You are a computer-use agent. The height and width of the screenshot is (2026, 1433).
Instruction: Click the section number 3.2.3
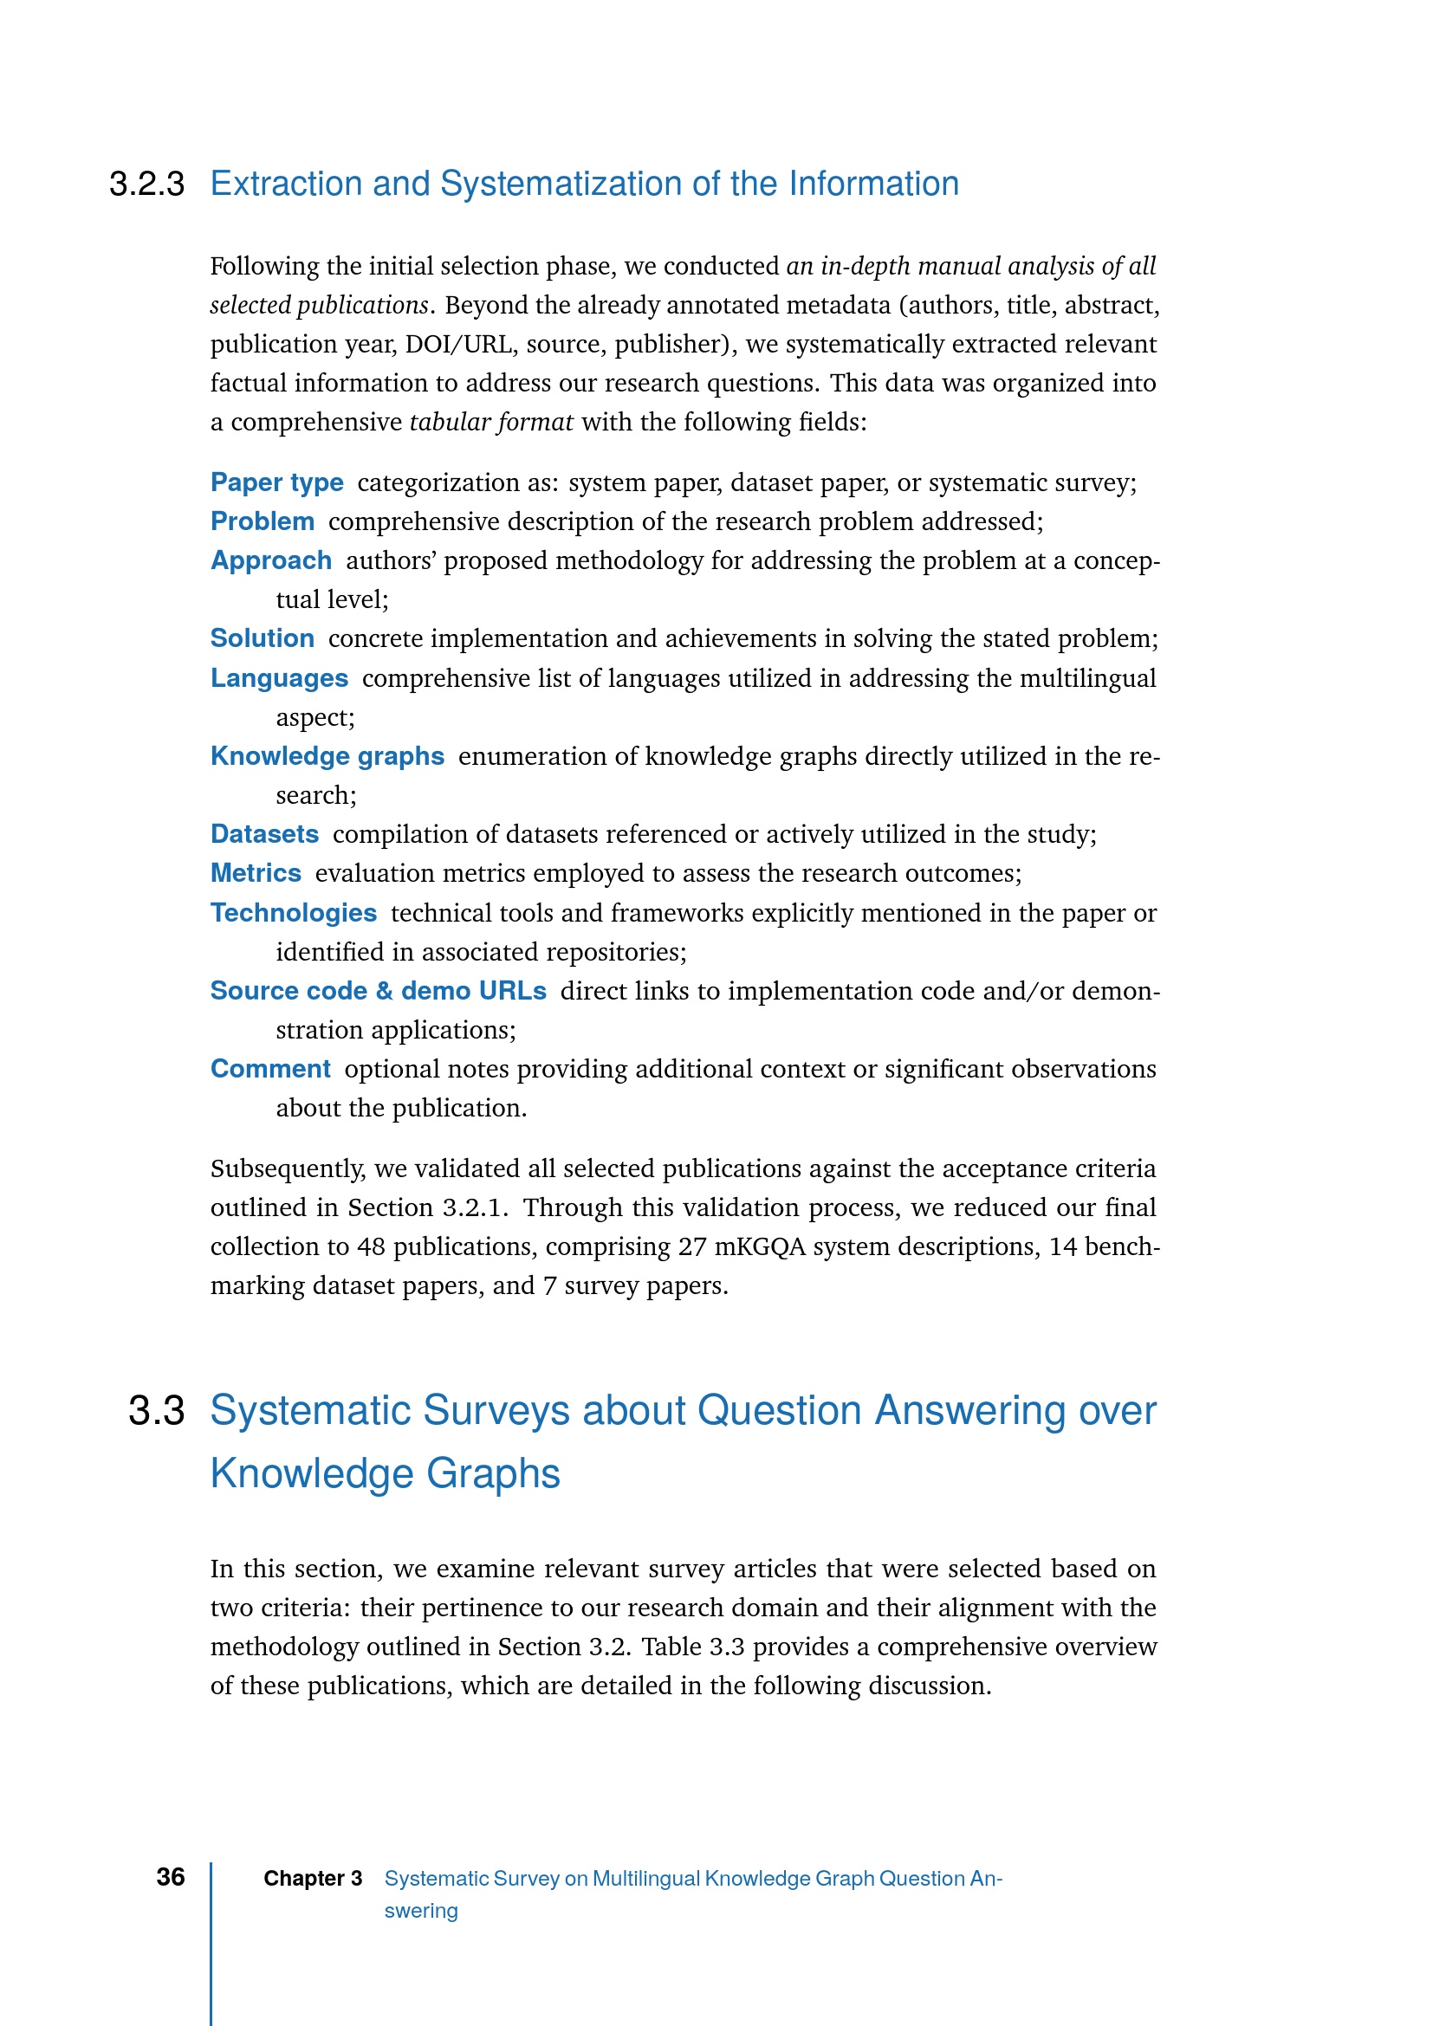pos(146,184)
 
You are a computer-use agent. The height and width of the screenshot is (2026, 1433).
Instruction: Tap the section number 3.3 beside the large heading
pos(156,1410)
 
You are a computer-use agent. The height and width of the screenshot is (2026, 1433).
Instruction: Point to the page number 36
pos(171,1877)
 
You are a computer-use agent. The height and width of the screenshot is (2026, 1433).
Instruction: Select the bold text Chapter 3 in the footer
pos(313,1879)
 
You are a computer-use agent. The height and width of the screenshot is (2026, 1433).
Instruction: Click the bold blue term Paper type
pos(277,482)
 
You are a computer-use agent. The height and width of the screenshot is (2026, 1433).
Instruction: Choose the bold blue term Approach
pos(271,560)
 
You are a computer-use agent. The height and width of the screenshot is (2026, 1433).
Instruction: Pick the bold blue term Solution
pos(262,638)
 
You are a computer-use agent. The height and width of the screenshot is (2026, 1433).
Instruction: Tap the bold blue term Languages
pos(279,677)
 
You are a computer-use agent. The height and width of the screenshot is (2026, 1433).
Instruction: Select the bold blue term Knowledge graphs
pos(327,756)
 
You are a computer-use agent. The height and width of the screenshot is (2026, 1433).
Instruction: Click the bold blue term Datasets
pos(265,834)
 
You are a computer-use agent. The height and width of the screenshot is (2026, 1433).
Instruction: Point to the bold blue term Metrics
pos(256,873)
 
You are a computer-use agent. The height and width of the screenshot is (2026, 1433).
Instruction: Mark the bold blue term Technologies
pos(294,912)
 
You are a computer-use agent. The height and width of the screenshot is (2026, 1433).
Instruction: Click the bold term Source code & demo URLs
pos(379,991)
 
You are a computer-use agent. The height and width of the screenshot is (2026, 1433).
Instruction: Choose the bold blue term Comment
pos(270,1069)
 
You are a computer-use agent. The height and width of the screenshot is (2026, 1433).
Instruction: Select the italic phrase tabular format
pos(491,422)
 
